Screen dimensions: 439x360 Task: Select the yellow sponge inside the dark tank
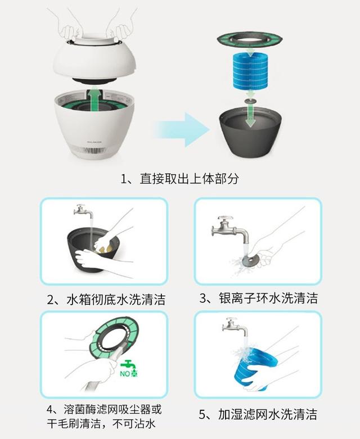coord(102,245)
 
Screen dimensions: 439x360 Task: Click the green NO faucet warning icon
coord(130,368)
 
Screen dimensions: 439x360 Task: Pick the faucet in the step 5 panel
coord(234,325)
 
